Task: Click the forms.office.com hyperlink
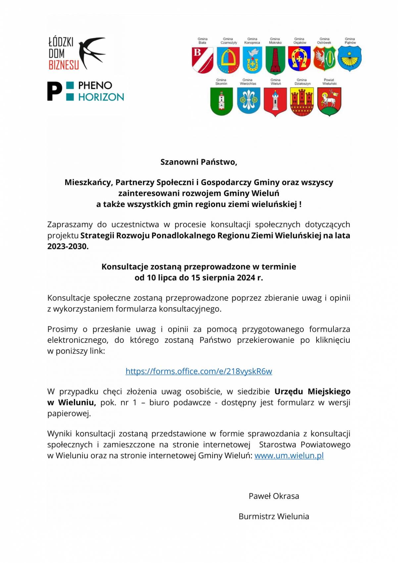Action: point(199,371)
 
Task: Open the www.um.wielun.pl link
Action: point(289,455)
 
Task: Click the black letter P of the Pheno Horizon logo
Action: point(54,91)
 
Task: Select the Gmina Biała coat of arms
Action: point(202,60)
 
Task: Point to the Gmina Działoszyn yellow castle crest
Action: point(302,102)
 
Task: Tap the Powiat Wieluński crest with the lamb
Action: point(329,102)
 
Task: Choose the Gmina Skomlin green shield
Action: point(221,101)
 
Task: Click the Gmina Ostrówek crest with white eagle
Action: point(324,59)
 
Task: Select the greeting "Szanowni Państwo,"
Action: point(199,162)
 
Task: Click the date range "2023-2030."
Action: point(68,246)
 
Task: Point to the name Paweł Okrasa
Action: point(274,496)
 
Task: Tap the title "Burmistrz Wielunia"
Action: point(274,516)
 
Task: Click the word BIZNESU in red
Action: point(64,65)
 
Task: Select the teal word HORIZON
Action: point(101,97)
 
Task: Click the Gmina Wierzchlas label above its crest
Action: point(248,82)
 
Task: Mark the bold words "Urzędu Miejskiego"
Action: point(312,391)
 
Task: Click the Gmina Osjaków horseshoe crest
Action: point(299,59)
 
